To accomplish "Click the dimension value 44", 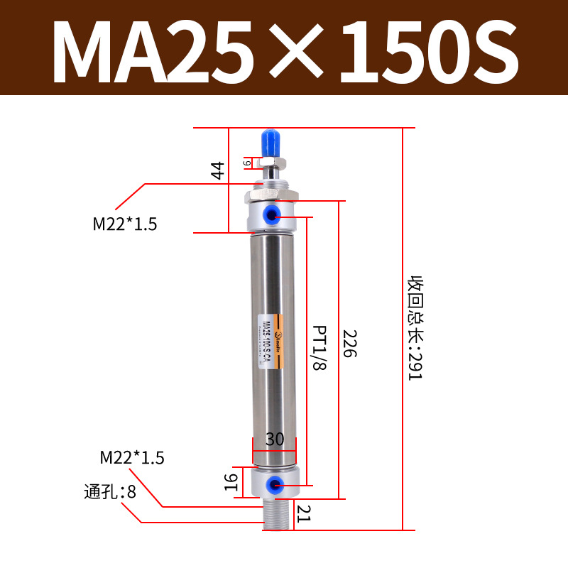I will pos(218,170).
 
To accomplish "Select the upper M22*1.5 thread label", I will pos(125,224).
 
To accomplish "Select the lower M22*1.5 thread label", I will pos(132,458).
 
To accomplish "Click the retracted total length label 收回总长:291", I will pos(414,328).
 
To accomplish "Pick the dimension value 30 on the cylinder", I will pos(275,439).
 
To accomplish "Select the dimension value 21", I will pos(304,513).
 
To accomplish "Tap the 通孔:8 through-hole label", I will pos(110,491).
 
